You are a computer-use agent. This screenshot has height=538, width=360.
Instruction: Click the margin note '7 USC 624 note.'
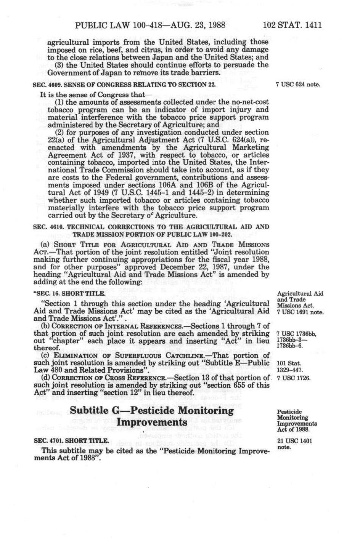298,84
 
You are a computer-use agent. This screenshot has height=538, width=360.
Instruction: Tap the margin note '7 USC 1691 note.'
300,312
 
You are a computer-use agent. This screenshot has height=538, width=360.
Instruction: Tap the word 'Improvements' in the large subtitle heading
152,423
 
